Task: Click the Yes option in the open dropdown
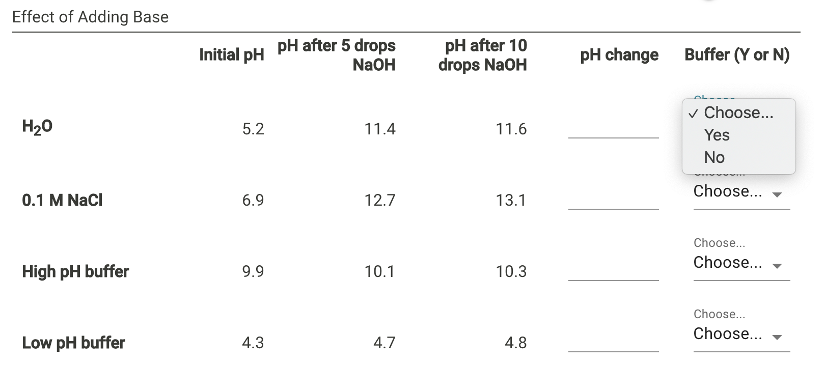coord(717,135)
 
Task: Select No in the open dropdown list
coord(714,157)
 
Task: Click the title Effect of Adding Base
coord(90,17)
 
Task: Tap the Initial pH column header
coord(232,54)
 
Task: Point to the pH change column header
coord(619,54)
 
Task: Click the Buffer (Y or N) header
coord(737,54)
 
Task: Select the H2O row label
coord(37,127)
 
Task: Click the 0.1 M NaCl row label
coord(62,200)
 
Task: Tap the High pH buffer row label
coord(75,271)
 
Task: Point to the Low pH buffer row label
coord(73,343)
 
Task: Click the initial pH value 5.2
coord(253,129)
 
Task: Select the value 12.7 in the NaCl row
coord(379,200)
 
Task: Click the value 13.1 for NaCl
coord(511,200)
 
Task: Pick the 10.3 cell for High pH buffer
coord(511,271)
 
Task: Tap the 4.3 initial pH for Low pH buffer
coord(253,343)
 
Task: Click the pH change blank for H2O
coord(613,130)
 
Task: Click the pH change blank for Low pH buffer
coord(613,344)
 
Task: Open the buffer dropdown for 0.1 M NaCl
coord(741,192)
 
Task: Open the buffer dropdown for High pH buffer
coord(741,263)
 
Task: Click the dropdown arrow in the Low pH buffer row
coord(777,337)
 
